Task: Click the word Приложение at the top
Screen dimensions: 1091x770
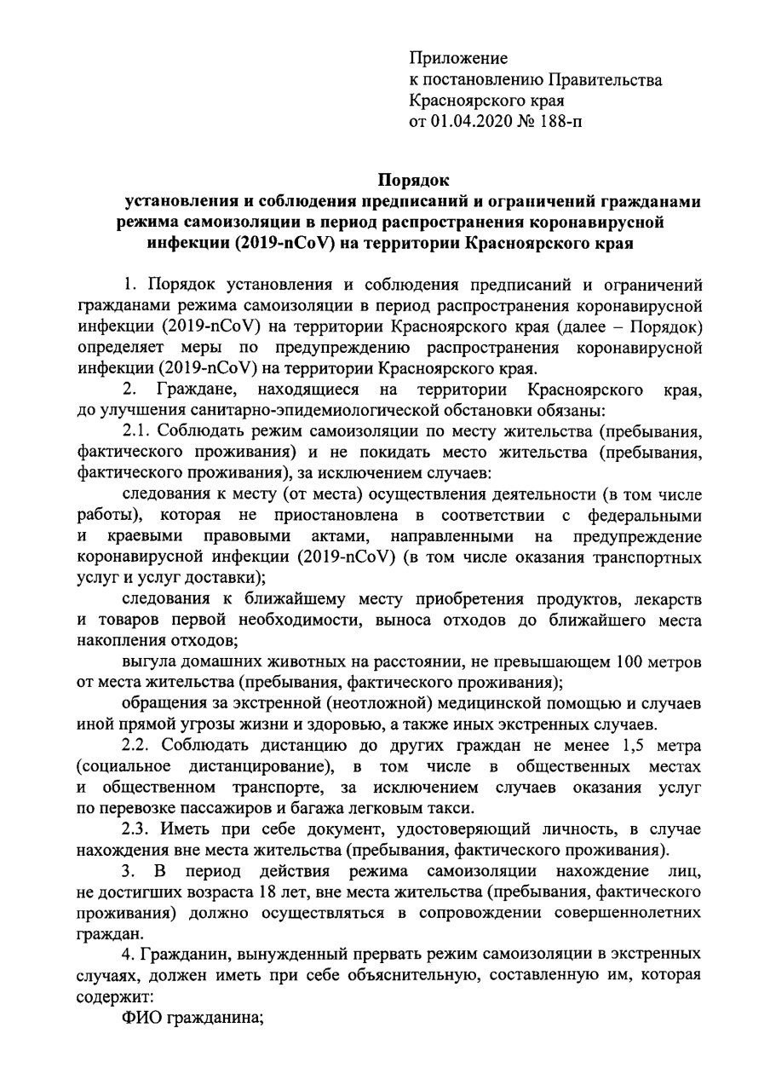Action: tap(458, 59)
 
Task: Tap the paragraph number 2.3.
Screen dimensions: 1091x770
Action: tap(138, 828)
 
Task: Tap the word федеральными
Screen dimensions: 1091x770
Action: tap(645, 516)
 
